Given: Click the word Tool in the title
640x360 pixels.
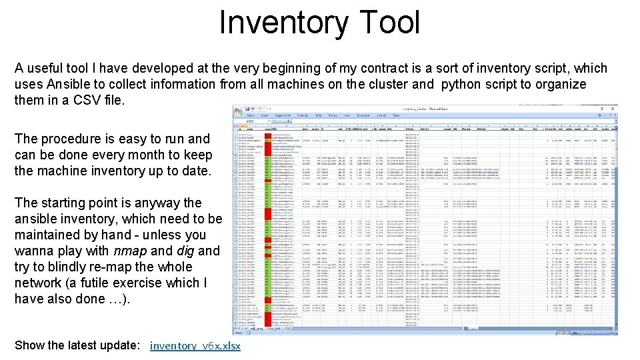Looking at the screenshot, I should (388, 22).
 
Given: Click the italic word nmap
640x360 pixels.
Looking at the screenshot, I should (131, 251).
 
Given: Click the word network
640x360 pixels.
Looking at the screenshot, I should (40, 283).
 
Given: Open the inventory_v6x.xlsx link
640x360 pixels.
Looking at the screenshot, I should (195, 345).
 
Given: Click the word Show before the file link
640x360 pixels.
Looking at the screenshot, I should (31, 345).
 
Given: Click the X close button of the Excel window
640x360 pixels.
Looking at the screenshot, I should (614, 108).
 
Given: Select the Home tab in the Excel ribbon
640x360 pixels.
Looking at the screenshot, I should (251, 115).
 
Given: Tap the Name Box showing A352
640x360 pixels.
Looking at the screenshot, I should (250, 121).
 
